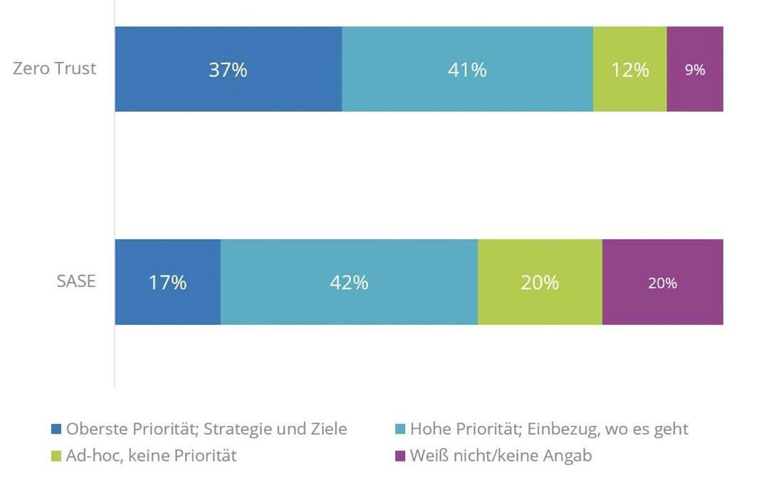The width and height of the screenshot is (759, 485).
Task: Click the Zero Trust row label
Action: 55,69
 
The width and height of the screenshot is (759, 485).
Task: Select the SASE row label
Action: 76,281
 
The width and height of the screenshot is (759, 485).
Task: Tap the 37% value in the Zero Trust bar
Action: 228,70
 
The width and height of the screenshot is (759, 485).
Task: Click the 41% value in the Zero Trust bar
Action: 467,70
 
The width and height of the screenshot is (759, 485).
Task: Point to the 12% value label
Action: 630,70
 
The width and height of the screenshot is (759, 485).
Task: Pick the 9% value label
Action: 695,70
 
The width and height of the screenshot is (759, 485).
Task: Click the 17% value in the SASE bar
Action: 168,283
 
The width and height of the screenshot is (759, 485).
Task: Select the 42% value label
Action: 349,283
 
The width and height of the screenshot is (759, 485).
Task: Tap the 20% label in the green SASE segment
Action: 540,283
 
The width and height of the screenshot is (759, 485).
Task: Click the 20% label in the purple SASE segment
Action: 662,283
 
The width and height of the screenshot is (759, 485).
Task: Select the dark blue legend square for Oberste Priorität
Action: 56,429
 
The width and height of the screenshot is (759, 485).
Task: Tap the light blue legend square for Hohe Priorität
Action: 400,429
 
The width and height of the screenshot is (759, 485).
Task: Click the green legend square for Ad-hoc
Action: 56,456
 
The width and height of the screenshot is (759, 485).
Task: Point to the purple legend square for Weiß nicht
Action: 400,456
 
